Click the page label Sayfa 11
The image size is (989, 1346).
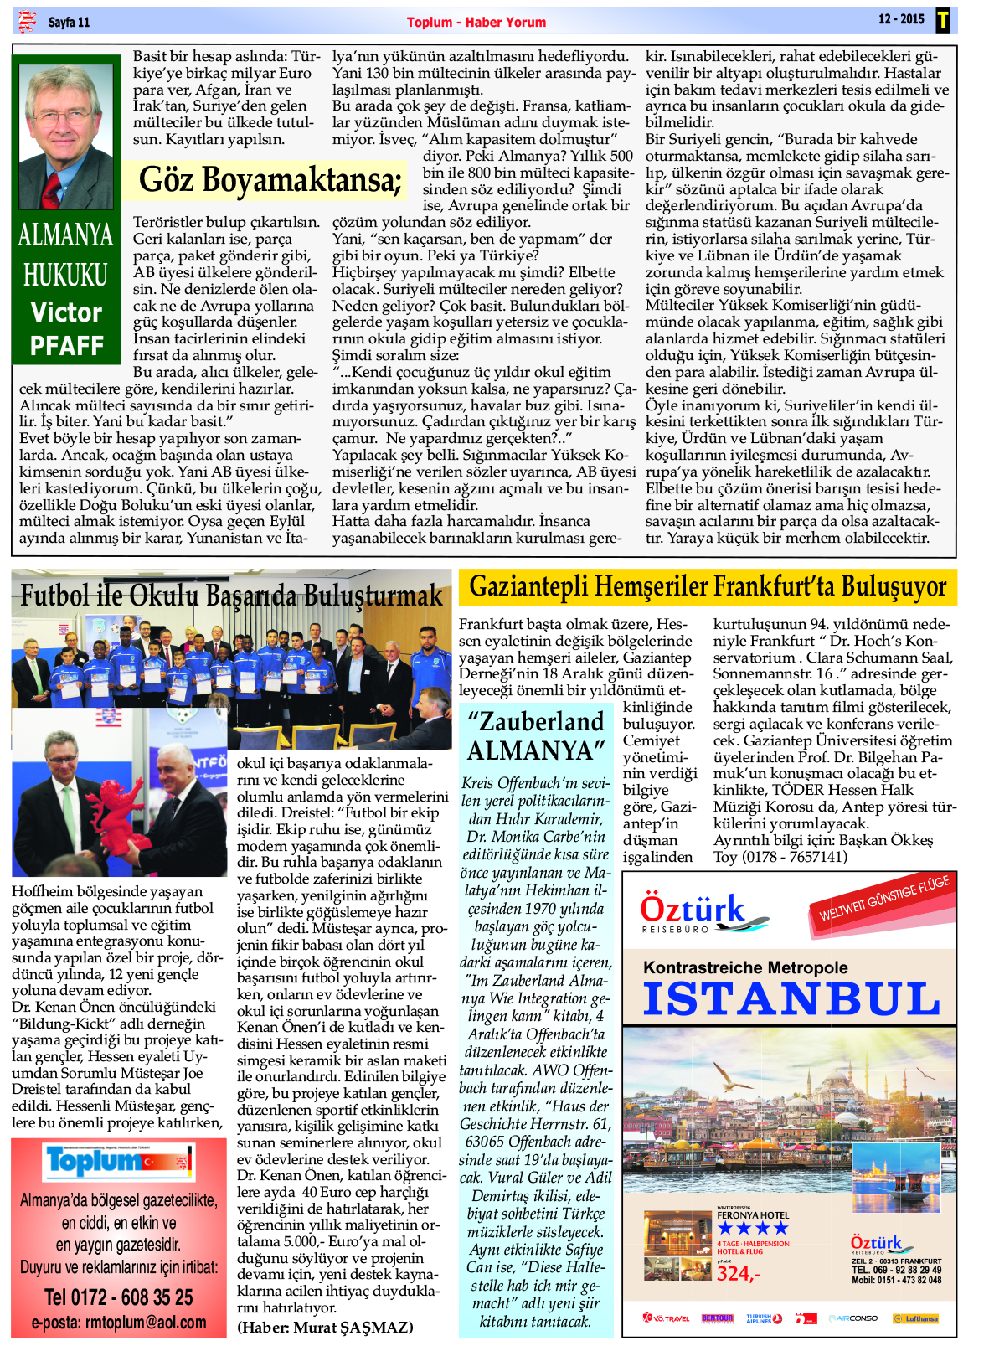[x=69, y=22]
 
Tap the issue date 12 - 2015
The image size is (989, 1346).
[x=900, y=19]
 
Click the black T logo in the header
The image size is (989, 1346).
[x=943, y=20]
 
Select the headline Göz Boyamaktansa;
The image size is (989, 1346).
[x=270, y=180]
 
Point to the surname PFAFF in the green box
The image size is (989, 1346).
[x=66, y=345]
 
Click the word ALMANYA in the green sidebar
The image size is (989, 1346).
[x=65, y=235]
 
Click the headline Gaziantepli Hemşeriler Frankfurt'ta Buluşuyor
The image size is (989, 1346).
[x=708, y=586]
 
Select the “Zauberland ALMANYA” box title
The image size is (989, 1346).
[x=536, y=735]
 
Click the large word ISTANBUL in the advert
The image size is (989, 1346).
[x=791, y=998]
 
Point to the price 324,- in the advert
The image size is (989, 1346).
[x=738, y=1274]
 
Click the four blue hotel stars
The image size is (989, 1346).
[x=752, y=1228]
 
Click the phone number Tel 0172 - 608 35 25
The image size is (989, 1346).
[x=118, y=1297]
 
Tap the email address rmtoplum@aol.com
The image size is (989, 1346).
[x=118, y=1323]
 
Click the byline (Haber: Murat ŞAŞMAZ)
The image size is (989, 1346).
[x=325, y=1328]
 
